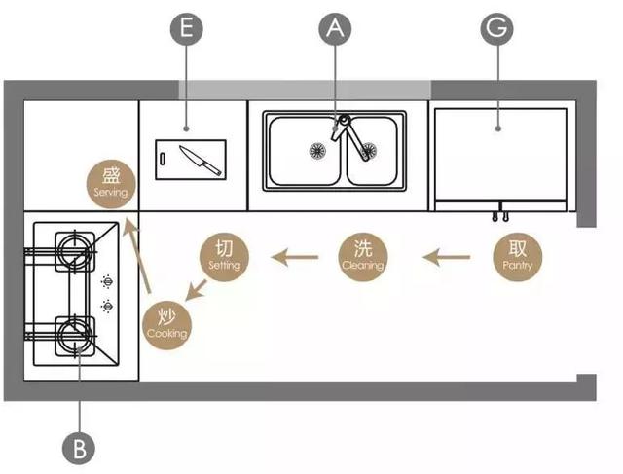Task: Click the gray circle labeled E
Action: [x=187, y=30]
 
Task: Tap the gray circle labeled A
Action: [x=335, y=30]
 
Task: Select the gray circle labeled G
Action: [x=497, y=30]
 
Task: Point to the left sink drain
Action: [x=315, y=151]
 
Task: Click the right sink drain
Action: [x=368, y=151]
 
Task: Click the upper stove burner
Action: [x=73, y=247]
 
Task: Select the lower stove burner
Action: [x=73, y=334]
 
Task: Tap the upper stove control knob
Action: [x=105, y=285]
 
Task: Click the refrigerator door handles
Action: [x=501, y=211]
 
